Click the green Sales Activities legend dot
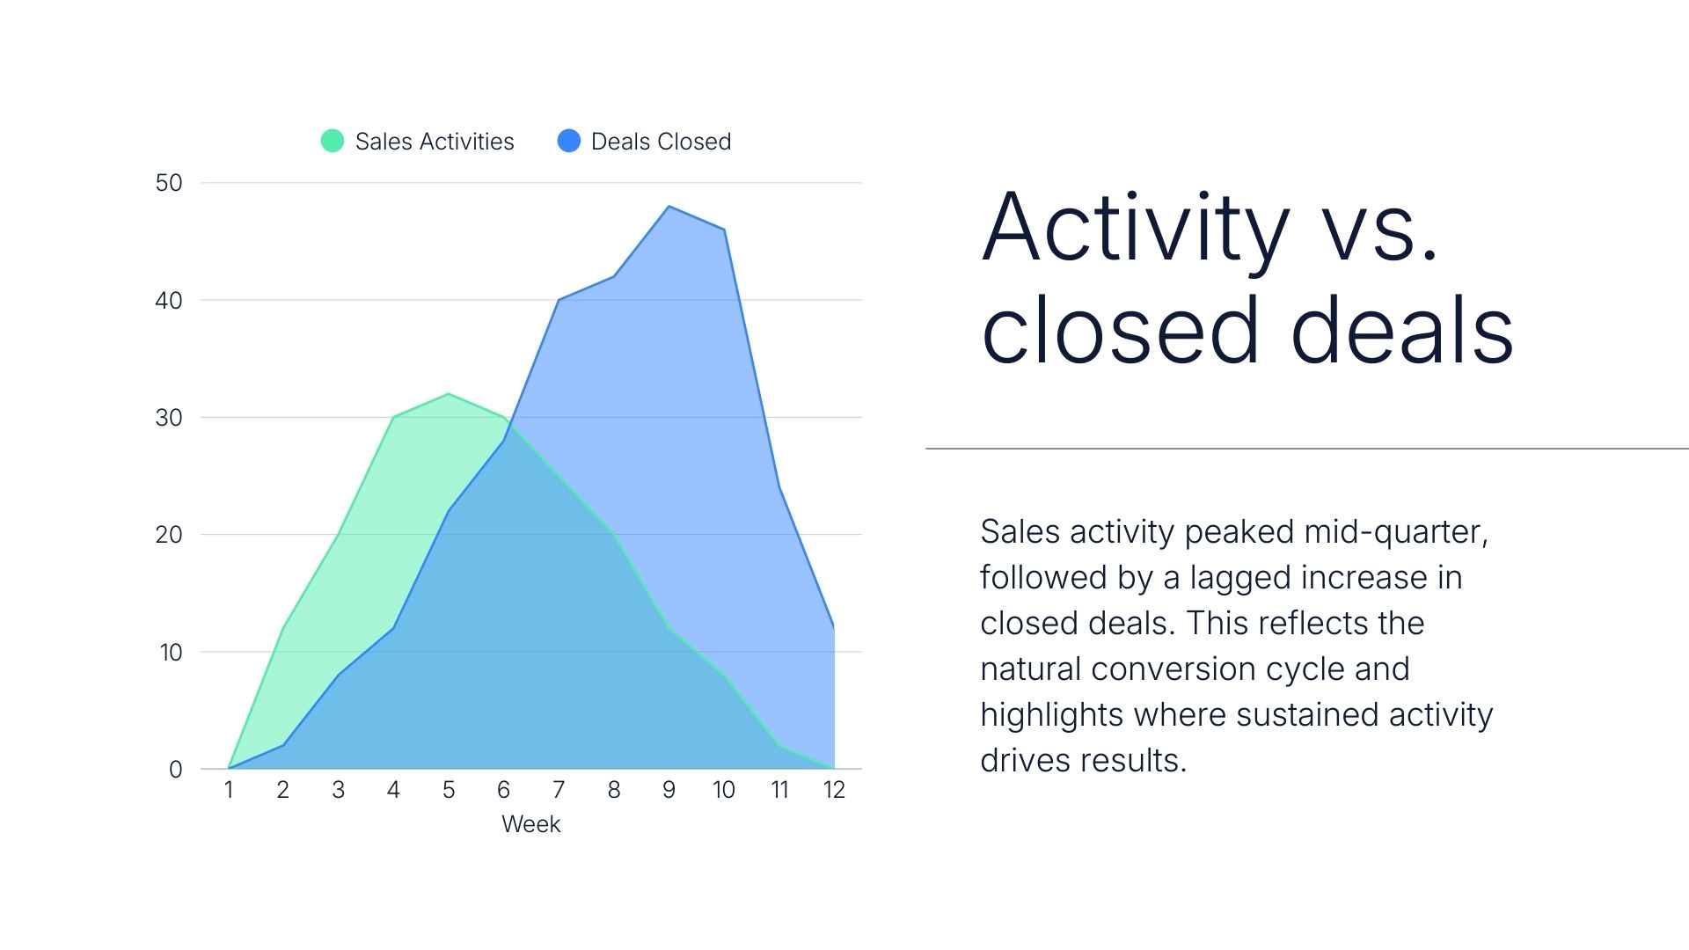(333, 141)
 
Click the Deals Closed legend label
(661, 142)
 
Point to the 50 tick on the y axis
(169, 183)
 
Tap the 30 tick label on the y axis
(169, 418)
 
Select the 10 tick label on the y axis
(171, 653)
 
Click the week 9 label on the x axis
(669, 790)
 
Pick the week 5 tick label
(449, 790)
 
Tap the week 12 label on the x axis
(834, 790)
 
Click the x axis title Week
(530, 824)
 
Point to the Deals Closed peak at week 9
(669, 207)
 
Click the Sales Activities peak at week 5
(449, 394)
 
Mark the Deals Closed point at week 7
(559, 300)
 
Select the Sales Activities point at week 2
(283, 628)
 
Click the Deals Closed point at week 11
(779, 487)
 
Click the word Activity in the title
(1135, 229)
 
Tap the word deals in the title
(1402, 331)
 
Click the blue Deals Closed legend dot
(569, 141)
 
